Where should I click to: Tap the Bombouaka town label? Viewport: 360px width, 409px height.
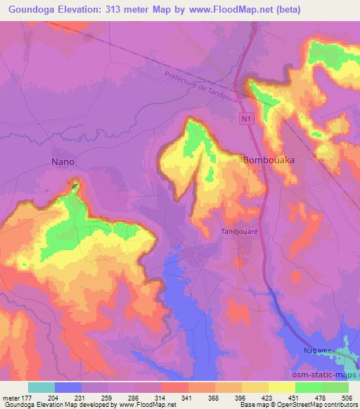point(269,160)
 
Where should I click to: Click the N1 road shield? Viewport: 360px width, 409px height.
point(245,122)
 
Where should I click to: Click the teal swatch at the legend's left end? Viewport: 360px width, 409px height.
point(41,387)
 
